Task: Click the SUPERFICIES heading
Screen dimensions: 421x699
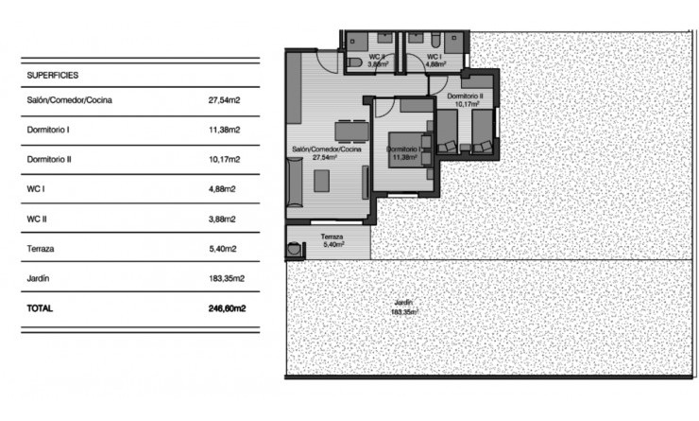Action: click(53, 74)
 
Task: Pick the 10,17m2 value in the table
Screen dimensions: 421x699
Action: click(223, 160)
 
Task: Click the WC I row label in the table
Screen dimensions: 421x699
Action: click(37, 189)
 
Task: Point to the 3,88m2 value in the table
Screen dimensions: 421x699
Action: click(222, 219)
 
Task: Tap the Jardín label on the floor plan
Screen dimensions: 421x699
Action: click(404, 303)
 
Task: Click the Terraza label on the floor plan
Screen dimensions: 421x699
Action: click(331, 237)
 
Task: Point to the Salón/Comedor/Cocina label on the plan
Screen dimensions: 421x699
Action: click(327, 150)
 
